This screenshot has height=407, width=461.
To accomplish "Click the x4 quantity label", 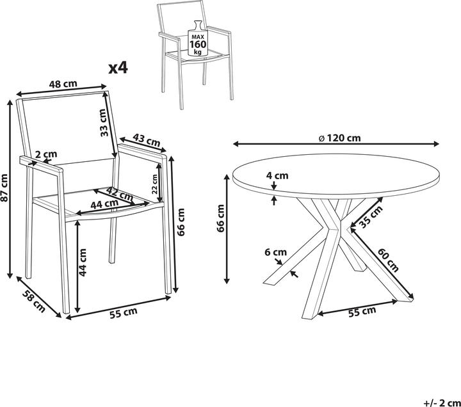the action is pyautogui.click(x=118, y=68).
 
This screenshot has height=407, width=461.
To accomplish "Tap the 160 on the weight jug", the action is pyautogui.click(x=198, y=44).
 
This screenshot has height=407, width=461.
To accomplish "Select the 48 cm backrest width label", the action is pyautogui.click(x=63, y=84).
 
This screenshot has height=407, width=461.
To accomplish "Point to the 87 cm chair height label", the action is pyautogui.click(x=4, y=188).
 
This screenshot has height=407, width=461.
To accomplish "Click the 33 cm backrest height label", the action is pyautogui.click(x=103, y=122).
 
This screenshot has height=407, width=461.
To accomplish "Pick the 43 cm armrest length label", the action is pyautogui.click(x=147, y=140).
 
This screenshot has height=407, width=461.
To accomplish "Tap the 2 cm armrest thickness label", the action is pyautogui.click(x=46, y=154).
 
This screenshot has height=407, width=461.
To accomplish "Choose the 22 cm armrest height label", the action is pyautogui.click(x=155, y=184).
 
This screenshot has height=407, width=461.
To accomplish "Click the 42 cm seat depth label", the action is pyautogui.click(x=119, y=194).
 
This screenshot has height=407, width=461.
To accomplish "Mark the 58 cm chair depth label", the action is pyautogui.click(x=34, y=301).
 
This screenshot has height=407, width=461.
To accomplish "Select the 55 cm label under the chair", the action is pyautogui.click(x=124, y=313).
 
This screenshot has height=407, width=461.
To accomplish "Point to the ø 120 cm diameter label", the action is pyautogui.click(x=339, y=138).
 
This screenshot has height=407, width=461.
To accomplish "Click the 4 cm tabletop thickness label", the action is pyautogui.click(x=277, y=175).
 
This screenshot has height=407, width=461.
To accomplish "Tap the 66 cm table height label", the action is pyautogui.click(x=220, y=218).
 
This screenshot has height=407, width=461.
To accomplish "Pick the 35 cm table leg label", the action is pyautogui.click(x=371, y=216).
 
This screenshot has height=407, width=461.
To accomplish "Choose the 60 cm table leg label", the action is pyautogui.click(x=388, y=260).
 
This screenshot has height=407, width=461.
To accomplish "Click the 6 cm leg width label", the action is pyautogui.click(x=275, y=252).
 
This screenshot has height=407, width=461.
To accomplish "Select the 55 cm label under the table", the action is pyautogui.click(x=362, y=312).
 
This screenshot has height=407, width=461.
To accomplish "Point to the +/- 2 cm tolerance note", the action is pyautogui.click(x=442, y=403).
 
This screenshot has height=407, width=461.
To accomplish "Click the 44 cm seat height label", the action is pyautogui.click(x=83, y=262).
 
